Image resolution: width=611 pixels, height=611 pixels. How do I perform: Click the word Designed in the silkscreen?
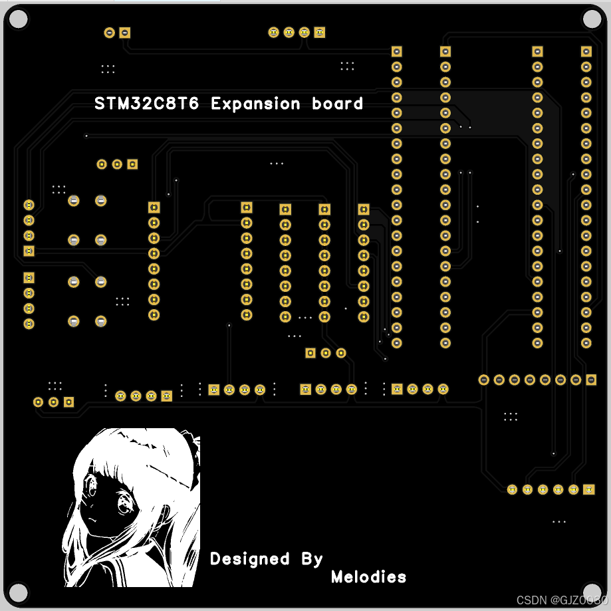[249, 559]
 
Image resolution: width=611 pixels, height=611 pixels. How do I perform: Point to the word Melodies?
[368, 576]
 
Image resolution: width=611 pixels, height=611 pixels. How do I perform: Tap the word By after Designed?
[312, 559]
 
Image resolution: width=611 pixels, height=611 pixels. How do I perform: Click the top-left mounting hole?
[18, 19]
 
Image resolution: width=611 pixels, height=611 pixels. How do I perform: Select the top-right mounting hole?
[591, 19]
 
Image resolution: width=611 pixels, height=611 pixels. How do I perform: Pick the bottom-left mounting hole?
[18, 592]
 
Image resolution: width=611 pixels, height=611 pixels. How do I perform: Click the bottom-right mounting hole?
[591, 592]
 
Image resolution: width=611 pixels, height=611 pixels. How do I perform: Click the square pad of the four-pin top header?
[320, 32]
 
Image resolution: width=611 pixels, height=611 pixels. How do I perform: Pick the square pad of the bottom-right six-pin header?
[588, 490]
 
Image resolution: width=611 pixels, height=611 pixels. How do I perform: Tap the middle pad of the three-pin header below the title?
[117, 164]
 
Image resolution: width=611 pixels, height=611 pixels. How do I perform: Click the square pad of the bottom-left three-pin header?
[68, 402]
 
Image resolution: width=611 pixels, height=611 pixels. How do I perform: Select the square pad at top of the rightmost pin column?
[586, 51]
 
